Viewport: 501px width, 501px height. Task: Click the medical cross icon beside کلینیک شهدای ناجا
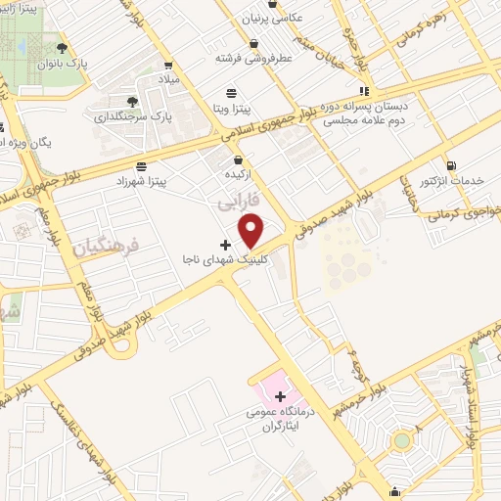[x=226, y=244]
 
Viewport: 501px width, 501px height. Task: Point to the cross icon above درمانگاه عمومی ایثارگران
[x=281, y=396]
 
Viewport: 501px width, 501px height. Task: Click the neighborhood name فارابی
[x=235, y=201]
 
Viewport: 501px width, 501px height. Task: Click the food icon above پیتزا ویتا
[x=231, y=94]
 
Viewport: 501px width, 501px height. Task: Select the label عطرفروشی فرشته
[x=254, y=58]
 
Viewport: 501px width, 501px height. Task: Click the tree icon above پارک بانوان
[x=62, y=47]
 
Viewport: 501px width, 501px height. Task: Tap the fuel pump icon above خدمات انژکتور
[x=451, y=165]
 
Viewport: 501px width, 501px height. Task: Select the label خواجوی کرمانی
[x=458, y=213]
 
